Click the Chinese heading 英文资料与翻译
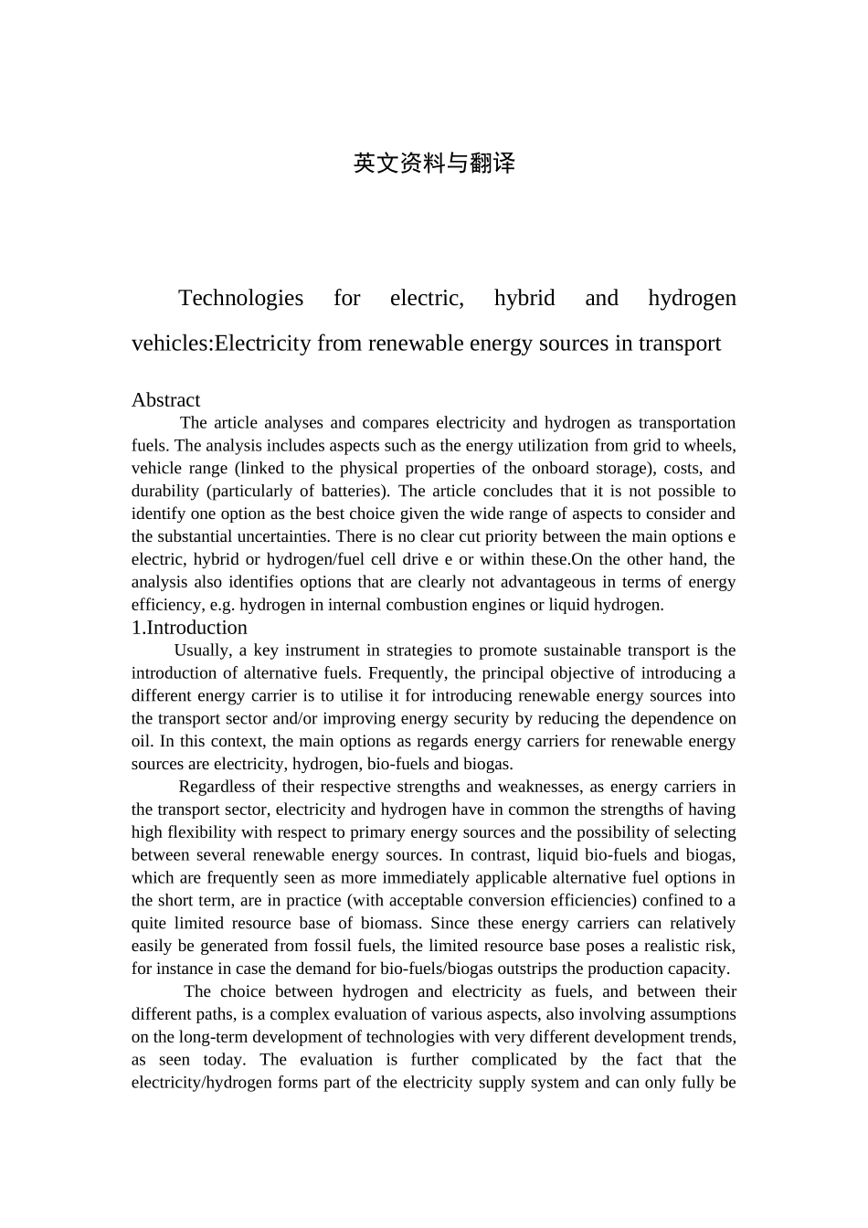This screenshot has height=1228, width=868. [434, 164]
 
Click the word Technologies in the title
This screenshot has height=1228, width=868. [240, 298]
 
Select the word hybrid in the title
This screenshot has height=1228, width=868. [524, 298]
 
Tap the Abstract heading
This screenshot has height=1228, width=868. [165, 400]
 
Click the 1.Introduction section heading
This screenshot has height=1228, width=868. [189, 628]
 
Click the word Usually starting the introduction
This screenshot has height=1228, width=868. [202, 651]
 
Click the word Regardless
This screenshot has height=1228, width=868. [219, 787]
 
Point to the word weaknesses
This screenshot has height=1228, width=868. [538, 787]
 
